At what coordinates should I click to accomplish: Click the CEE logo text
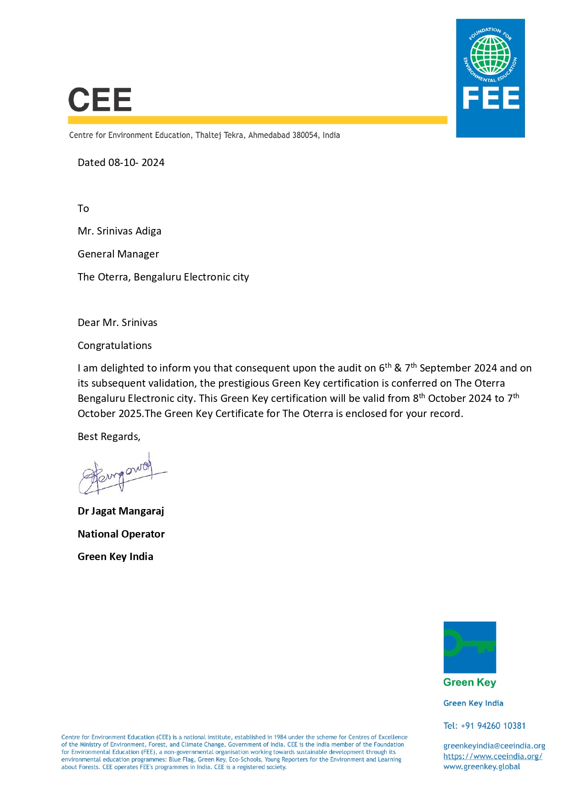tap(100, 100)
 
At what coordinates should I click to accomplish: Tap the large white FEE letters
tap(491, 98)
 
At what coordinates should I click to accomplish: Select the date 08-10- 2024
tap(136, 163)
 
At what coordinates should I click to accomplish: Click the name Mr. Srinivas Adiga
tap(119, 231)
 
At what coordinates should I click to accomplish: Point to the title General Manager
tap(118, 254)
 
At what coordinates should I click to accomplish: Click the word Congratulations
tap(114, 346)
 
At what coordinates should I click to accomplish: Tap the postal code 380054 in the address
tap(305, 135)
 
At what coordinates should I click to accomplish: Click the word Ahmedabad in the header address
tap(269, 135)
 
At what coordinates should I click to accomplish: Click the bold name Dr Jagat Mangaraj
tap(121, 511)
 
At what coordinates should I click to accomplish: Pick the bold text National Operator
tap(121, 534)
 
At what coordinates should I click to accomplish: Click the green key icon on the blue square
tap(469, 646)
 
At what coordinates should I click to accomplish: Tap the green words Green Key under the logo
tap(469, 682)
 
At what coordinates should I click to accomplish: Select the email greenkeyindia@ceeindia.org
tap(494, 746)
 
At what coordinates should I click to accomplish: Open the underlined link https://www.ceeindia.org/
tap(492, 756)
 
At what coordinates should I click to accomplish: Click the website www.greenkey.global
tap(481, 767)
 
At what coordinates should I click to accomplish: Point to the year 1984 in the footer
tap(280, 737)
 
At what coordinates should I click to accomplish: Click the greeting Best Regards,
tap(109, 437)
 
